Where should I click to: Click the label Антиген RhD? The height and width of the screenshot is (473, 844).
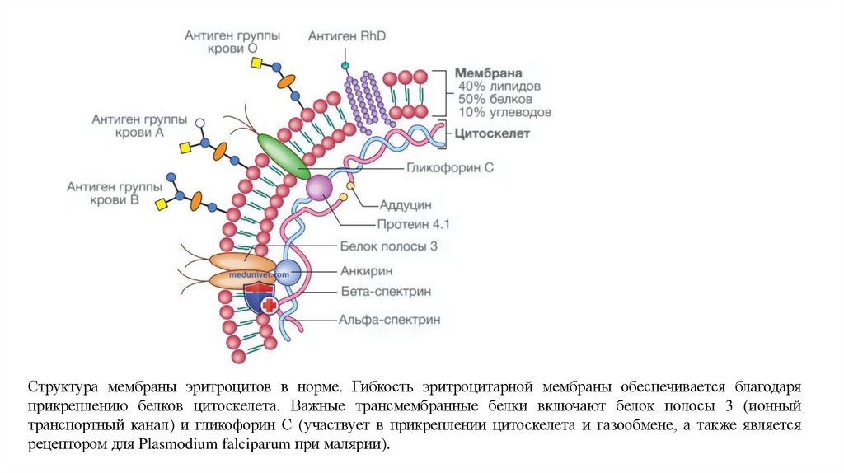point(347,36)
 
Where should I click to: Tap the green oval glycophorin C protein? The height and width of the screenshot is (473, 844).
point(284,156)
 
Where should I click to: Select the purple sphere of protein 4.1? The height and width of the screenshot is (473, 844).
point(319,189)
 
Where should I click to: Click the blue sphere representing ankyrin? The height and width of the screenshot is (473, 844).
point(288,272)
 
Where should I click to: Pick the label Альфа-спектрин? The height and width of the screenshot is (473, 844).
point(390,319)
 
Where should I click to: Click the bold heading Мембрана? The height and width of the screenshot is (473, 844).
point(490,73)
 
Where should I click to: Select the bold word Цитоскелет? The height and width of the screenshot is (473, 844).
point(492,133)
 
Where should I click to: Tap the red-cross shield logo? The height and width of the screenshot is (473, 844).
point(261,299)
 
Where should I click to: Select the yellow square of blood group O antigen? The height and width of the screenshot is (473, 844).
point(256,63)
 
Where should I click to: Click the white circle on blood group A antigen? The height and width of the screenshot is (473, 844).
point(199,123)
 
